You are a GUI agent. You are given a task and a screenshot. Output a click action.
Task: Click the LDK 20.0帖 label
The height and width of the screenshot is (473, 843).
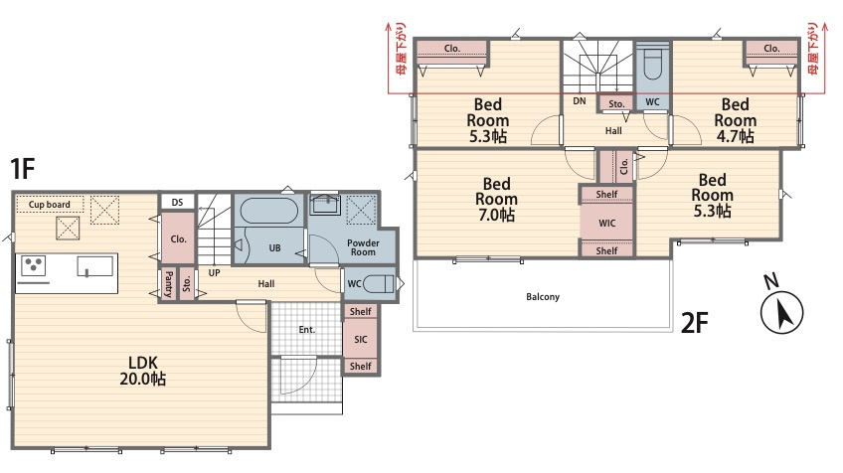pos(142,371)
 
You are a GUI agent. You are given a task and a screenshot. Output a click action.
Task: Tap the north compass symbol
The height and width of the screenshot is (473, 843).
pos(780,307)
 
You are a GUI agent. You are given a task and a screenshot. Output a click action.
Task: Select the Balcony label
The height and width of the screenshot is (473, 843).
pos(543,297)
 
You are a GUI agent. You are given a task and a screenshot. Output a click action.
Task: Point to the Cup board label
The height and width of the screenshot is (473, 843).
pos(50,205)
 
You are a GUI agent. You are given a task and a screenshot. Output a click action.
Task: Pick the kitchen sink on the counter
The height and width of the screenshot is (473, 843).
pos(95,266)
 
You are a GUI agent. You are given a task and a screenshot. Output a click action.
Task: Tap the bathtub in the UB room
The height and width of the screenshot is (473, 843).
pos(268,210)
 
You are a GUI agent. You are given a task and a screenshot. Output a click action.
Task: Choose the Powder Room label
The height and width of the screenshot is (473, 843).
pos(363,247)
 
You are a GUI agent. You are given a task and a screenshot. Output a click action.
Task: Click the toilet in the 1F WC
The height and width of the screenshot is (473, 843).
pos(379,284)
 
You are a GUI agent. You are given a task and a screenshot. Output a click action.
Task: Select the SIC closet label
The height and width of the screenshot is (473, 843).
pos(361,339)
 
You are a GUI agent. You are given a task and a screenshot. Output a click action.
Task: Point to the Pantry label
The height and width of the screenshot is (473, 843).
pos(168,284)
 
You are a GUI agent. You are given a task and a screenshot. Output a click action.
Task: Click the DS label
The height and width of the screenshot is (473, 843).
pos(177,202)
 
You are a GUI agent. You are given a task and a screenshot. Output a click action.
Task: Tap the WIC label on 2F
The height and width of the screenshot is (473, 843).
pos(607,223)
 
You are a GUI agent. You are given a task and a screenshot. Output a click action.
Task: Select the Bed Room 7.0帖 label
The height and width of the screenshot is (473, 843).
pos(496,200)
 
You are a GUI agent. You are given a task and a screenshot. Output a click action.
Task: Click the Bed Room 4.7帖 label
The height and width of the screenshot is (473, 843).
pos(735,120)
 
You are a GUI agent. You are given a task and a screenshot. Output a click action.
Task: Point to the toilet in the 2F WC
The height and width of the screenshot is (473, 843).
pos(653,65)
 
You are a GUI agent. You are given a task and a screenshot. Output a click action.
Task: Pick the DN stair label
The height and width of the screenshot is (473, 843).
pos(579,100)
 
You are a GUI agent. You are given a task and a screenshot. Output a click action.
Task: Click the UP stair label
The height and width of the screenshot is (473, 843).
pos(214,273)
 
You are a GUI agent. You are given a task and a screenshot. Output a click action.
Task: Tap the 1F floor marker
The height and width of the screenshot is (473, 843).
pos(23,168)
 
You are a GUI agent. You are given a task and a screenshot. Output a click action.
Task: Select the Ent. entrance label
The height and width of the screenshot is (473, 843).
pos(306,330)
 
